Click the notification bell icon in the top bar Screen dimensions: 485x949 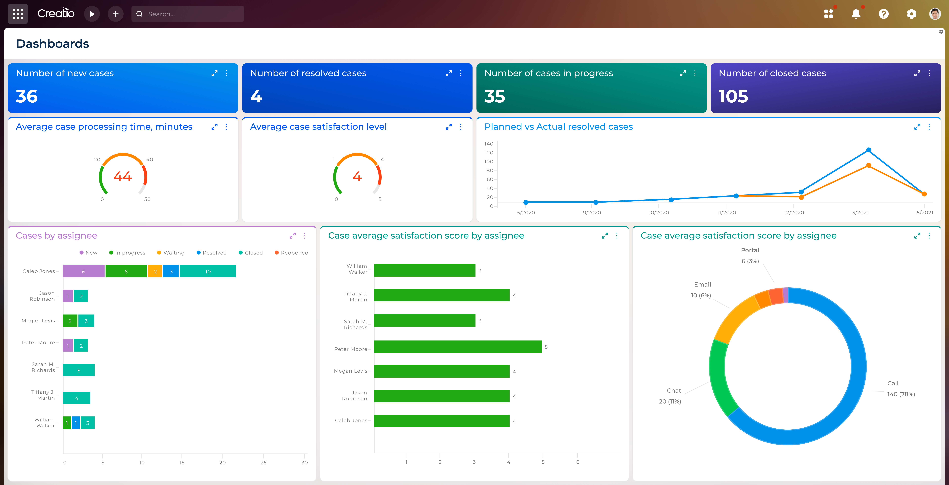click(856, 14)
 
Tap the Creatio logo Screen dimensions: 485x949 click(56, 14)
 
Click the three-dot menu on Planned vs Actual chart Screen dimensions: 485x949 click(929, 127)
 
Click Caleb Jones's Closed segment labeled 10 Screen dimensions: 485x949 click(208, 271)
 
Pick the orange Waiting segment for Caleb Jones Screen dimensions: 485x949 click(155, 271)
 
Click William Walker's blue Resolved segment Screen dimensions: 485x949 click(76, 423)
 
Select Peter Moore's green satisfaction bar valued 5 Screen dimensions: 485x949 click(458, 347)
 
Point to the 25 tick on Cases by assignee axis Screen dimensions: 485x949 click(263, 462)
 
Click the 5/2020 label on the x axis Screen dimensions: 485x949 click(526, 212)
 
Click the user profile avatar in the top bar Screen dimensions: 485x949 click(935, 14)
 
